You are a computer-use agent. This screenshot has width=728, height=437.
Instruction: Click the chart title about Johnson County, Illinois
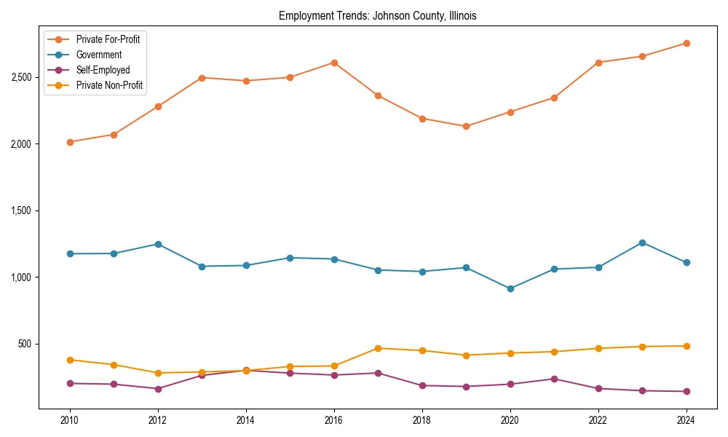point(377,16)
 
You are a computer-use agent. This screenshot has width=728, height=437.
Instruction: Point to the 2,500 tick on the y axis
point(20,77)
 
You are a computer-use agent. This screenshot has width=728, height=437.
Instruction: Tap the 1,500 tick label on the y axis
point(20,210)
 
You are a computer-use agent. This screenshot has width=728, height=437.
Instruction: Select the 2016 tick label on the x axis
point(334,420)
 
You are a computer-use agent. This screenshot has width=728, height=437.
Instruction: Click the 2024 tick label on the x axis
point(686,420)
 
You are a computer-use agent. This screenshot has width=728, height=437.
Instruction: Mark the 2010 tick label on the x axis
point(70,420)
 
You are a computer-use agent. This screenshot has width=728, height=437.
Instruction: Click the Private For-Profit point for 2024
point(686,43)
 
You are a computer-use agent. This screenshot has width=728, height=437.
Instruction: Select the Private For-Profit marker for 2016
point(334,63)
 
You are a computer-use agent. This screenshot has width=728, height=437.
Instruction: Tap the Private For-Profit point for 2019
point(466,126)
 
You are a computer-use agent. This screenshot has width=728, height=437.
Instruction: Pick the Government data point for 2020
point(510,288)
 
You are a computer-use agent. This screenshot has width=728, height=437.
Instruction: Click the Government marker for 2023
point(642,243)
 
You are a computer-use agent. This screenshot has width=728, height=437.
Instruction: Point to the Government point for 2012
point(158,244)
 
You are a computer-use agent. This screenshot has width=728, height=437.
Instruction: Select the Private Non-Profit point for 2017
point(378,348)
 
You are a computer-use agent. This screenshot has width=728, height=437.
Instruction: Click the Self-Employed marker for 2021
point(554,379)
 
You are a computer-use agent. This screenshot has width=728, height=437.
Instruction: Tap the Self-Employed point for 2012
point(158,389)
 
